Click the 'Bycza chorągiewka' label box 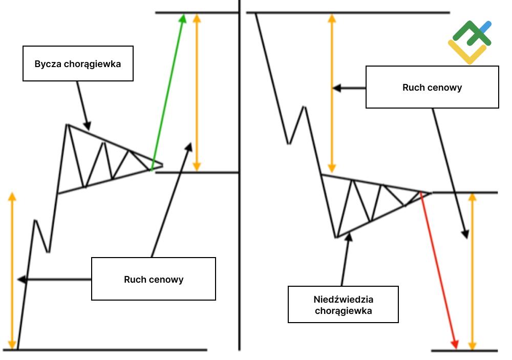78,63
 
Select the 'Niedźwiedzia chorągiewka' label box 343,304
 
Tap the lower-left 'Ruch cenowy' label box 154,279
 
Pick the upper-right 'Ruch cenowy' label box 432,87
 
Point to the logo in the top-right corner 470,42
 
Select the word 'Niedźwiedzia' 343,299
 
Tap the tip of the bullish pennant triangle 162,165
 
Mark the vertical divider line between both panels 240,174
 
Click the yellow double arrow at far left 12,271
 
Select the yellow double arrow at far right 473,271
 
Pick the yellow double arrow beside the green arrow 197,92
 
